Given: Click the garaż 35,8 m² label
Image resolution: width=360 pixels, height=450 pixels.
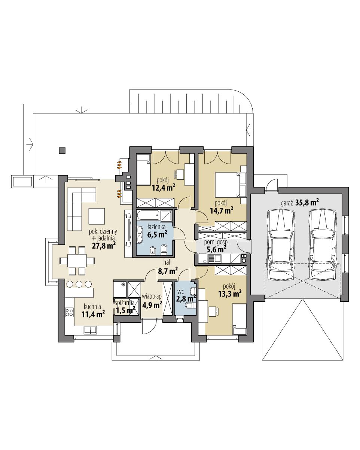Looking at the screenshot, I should [299, 203].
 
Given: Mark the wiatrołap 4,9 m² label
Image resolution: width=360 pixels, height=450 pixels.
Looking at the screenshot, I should [152, 301].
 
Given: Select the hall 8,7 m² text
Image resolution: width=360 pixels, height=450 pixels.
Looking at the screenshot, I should [168, 267].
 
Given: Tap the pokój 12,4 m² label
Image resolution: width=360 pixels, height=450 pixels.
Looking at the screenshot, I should [164, 184].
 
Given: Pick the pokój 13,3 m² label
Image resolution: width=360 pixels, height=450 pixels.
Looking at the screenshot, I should [229, 291].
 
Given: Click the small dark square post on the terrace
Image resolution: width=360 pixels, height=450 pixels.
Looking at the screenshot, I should [62, 150].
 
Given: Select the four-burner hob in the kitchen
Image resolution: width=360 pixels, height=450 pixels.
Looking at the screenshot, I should [70, 311].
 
